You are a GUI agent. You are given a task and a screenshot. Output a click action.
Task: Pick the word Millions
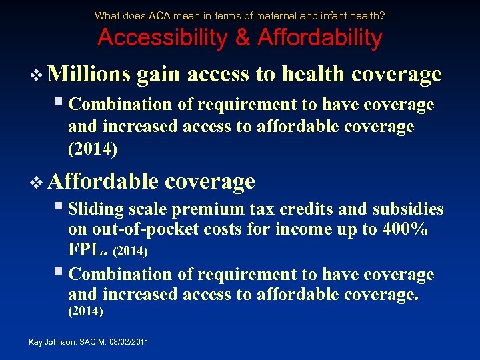(90, 74)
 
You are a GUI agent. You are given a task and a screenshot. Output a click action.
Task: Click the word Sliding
(96, 209)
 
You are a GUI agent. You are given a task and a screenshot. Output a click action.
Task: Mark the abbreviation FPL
(88, 251)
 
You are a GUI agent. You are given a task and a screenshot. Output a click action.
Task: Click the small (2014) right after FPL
(131, 253)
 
